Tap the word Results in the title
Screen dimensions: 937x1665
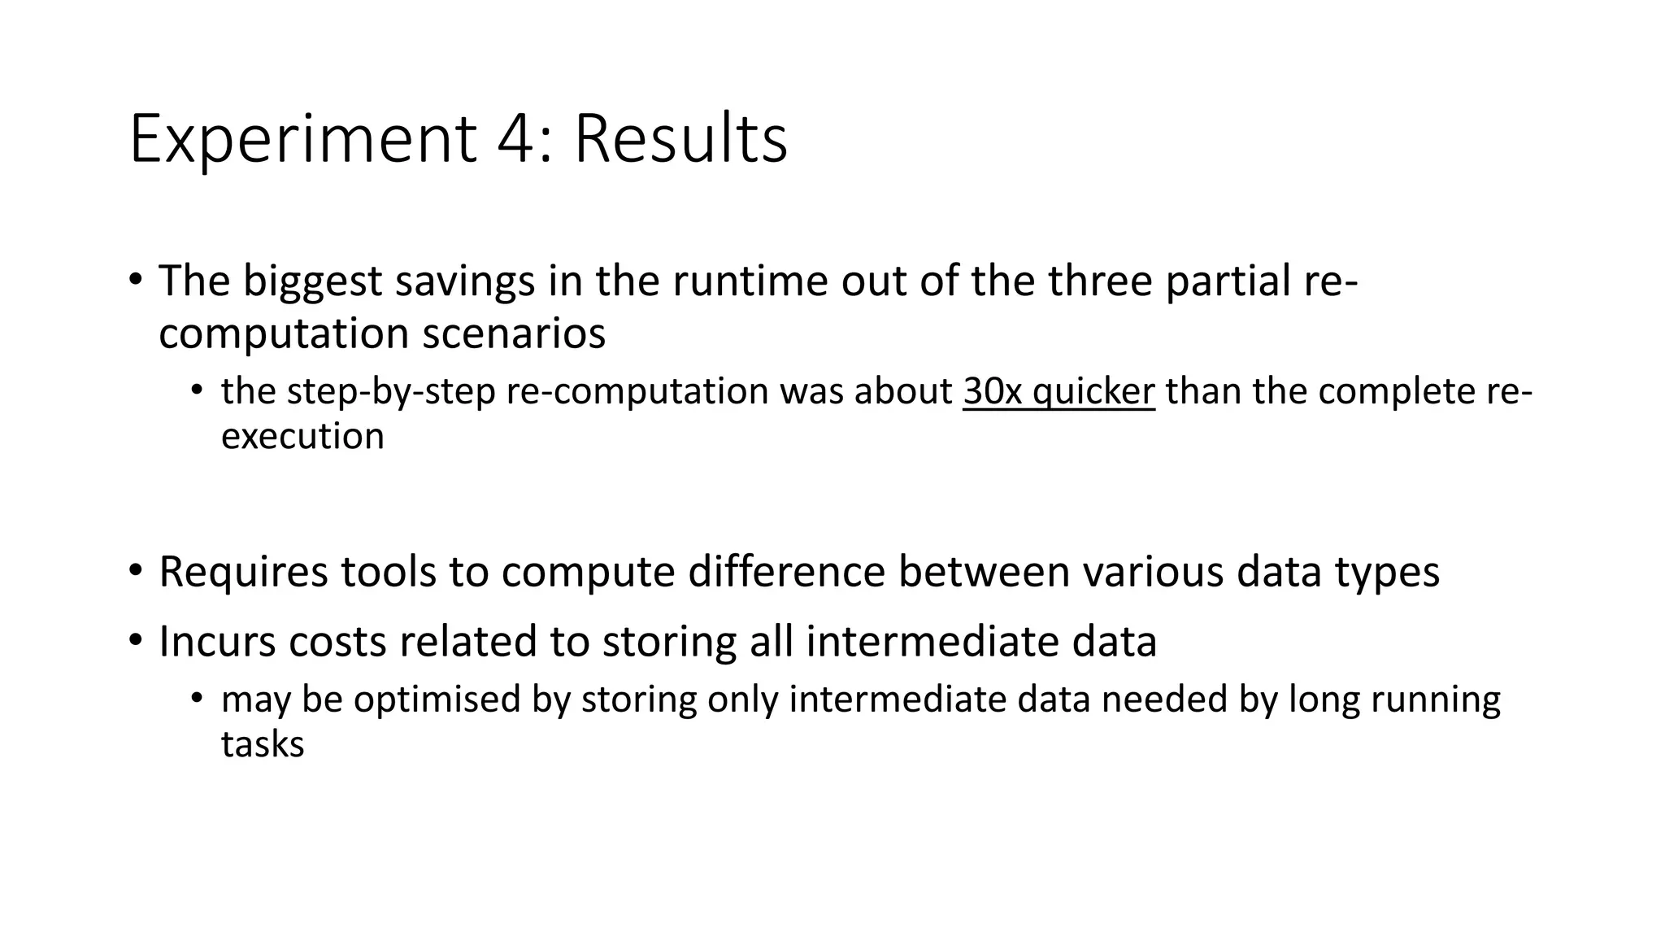pyautogui.click(x=680, y=140)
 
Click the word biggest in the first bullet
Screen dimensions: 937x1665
pyautogui.click(x=312, y=281)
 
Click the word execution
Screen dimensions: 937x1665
pyautogui.click(x=302, y=437)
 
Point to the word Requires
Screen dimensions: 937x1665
pyautogui.click(x=244, y=572)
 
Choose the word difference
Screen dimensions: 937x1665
pyautogui.click(x=785, y=572)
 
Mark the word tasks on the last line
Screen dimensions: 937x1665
pyautogui.click(x=262, y=744)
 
